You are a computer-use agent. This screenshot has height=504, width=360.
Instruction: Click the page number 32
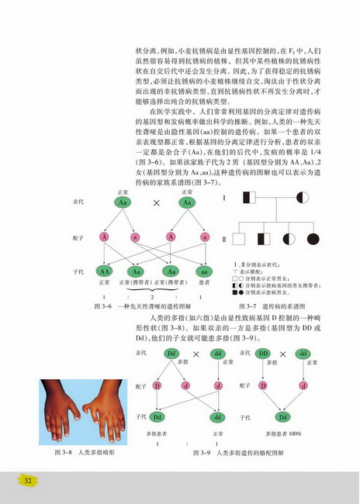click(x=27, y=481)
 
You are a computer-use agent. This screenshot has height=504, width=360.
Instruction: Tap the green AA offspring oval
click(x=106, y=271)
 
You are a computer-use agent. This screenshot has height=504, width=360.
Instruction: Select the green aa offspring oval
click(x=204, y=271)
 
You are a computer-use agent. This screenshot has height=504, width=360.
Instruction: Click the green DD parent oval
click(x=265, y=354)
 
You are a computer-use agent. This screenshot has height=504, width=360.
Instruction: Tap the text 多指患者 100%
click(x=282, y=432)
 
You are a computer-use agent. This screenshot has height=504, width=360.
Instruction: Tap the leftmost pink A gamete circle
click(x=103, y=236)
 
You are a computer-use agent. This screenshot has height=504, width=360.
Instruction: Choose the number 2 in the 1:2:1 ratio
click(x=155, y=297)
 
